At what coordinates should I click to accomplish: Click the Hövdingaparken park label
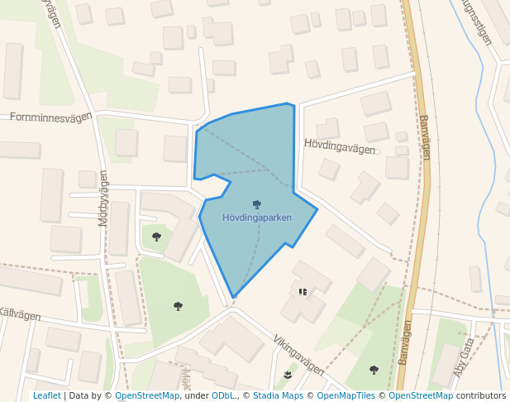(256, 218)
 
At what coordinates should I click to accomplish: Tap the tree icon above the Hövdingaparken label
(257, 204)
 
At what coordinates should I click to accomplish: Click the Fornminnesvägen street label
(50, 117)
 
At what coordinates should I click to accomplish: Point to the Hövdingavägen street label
(339, 146)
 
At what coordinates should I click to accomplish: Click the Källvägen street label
(20, 313)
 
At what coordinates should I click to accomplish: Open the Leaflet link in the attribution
(46, 396)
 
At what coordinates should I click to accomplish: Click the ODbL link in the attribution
(222, 396)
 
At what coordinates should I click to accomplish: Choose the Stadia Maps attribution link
(279, 396)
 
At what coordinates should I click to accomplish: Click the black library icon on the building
(303, 292)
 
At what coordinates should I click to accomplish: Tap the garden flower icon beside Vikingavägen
(288, 376)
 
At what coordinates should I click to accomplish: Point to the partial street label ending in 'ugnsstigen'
(478, 22)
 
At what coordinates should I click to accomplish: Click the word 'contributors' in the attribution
(480, 396)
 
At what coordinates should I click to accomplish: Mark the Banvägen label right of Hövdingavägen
(425, 137)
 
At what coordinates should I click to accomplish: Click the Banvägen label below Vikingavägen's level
(404, 343)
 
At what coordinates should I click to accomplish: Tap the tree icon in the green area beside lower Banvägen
(374, 370)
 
